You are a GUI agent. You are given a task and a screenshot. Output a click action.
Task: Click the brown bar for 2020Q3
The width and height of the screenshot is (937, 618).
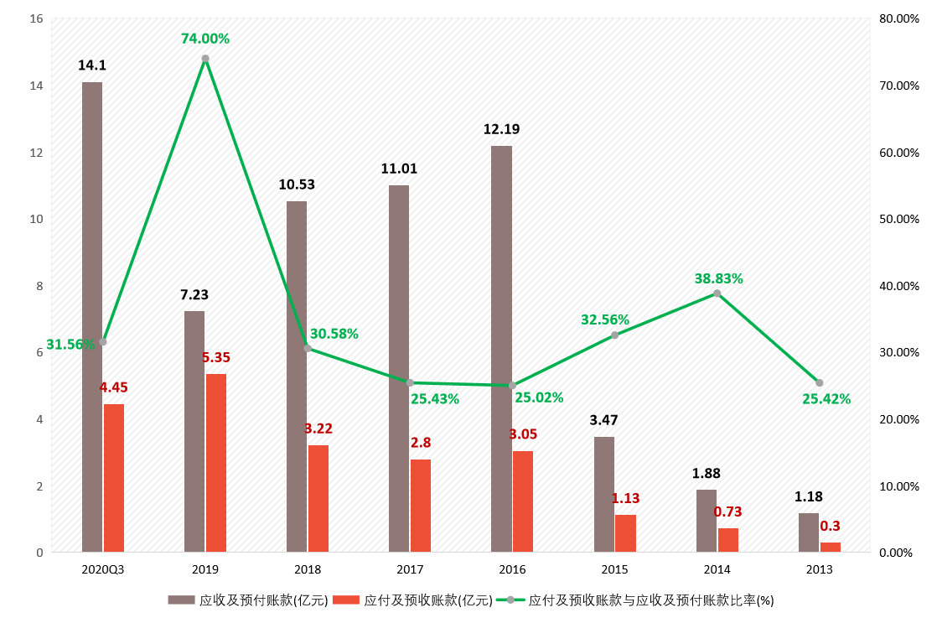pos(92,317)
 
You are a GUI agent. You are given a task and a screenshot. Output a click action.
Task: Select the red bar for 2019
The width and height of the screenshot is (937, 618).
pos(216,463)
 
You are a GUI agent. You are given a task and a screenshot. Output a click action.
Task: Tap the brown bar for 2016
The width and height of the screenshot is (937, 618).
pos(501,349)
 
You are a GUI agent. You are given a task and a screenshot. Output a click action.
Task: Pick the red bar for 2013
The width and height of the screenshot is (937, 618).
pos(830,547)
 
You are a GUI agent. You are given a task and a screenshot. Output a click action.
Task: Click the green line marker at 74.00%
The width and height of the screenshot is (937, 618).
pos(205,59)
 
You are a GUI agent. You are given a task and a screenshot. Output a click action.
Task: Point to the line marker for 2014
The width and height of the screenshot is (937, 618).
pos(717,293)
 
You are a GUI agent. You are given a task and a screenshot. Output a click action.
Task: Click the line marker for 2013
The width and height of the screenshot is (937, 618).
pos(820,382)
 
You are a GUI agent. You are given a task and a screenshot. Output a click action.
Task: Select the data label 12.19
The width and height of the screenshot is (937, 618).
pos(501,129)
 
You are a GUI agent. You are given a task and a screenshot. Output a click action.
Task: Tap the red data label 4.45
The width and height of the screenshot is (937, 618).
pos(113,387)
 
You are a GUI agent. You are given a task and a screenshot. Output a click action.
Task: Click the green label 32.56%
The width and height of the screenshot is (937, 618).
pos(605,319)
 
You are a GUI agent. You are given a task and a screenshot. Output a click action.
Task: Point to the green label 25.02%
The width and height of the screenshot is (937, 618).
pos(539,397)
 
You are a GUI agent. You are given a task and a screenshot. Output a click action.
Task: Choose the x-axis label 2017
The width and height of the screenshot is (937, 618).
pos(410,569)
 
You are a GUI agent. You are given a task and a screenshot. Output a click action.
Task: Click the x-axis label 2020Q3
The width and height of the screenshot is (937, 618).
pos(103,569)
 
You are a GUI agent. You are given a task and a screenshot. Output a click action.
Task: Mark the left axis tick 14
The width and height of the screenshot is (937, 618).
pos(36,86)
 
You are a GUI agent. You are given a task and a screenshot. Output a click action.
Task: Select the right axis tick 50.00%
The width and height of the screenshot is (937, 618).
pos(898,220)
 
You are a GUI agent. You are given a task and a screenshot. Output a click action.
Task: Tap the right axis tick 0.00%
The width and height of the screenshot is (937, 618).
pos(895,553)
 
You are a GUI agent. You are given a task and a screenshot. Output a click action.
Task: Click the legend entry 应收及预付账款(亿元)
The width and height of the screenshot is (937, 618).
pos(248,600)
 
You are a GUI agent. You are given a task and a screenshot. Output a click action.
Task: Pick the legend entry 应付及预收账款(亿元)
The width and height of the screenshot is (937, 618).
pos(412,600)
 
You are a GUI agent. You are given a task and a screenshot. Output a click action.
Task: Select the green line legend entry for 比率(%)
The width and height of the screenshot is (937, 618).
pos(636,600)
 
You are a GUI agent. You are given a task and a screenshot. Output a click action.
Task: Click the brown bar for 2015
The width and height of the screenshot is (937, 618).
pos(604,494)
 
